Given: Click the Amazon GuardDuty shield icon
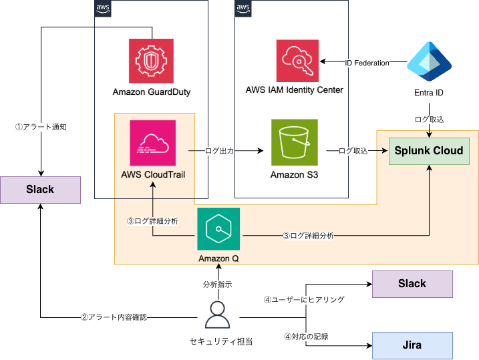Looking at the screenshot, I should point(151,61).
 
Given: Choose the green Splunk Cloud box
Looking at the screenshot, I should point(428,150).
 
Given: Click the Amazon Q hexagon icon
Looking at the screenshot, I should point(218,229).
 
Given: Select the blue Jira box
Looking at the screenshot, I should point(412,346).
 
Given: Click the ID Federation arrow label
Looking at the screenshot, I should point(367,63).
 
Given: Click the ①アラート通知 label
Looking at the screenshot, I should point(41,126).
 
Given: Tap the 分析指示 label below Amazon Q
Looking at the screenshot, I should point(218,284).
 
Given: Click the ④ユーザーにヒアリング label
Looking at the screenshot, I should point(304,300).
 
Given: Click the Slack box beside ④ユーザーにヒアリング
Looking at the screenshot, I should point(412,284).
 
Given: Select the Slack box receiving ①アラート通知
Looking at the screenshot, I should point(40,190).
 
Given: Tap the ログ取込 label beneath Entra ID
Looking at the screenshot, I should point(428,119).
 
